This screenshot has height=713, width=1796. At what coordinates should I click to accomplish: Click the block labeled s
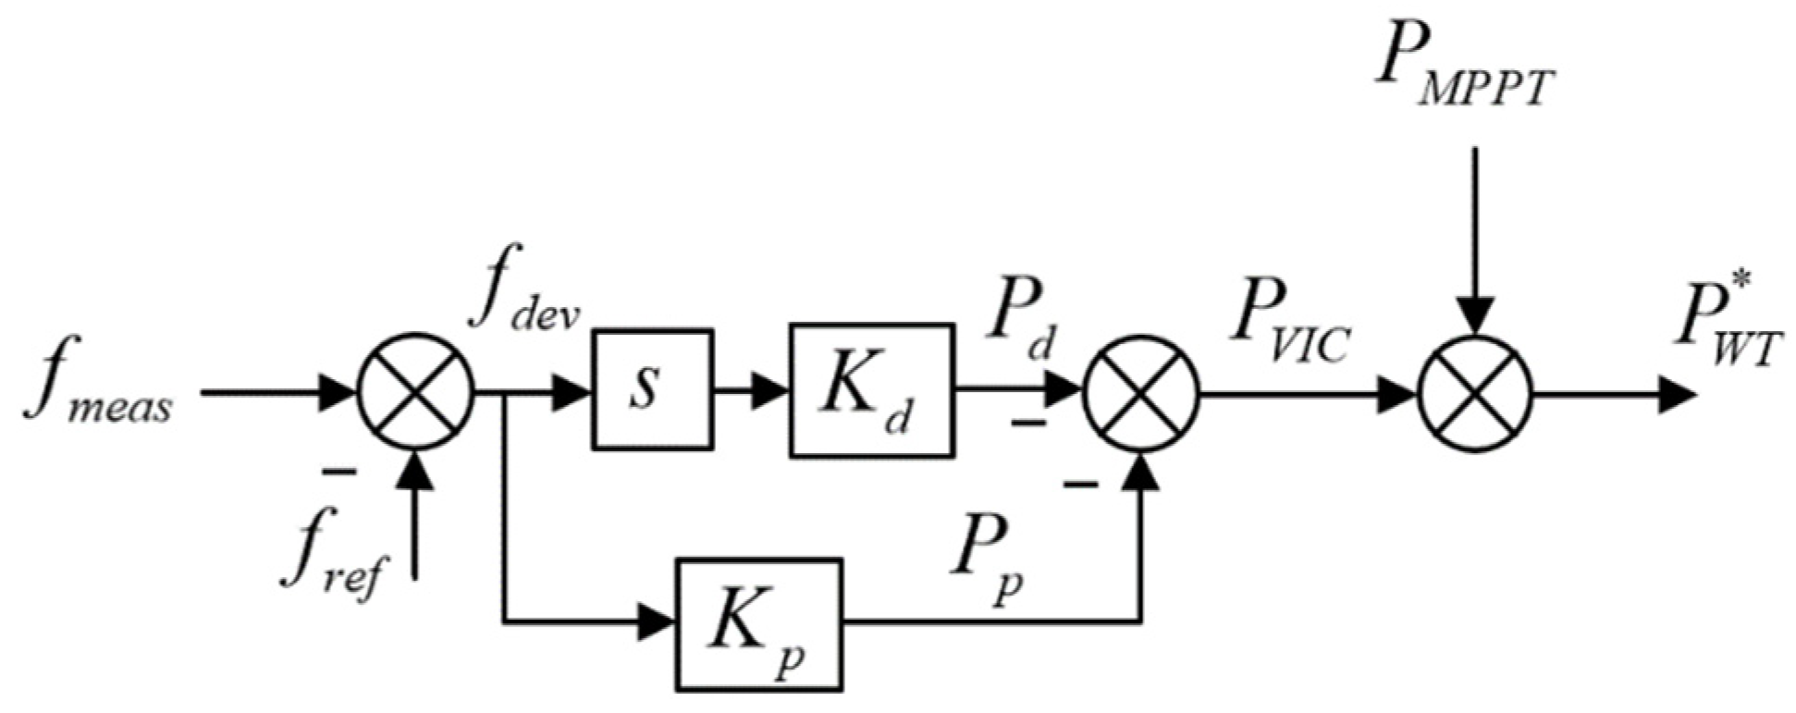652,389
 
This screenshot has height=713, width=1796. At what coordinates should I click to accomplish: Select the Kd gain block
870,389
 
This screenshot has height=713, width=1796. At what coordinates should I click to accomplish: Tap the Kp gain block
759,624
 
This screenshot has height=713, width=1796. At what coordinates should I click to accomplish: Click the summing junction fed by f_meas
415,392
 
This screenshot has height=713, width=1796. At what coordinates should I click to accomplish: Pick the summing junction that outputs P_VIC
1140,393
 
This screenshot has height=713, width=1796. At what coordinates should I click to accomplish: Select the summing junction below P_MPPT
1474,393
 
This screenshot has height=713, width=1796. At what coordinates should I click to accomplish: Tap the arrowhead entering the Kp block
658,621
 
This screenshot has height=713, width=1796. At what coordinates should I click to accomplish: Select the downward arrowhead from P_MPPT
1474,314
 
